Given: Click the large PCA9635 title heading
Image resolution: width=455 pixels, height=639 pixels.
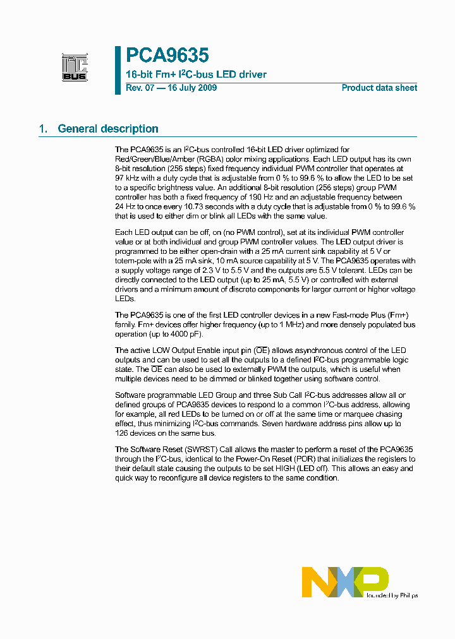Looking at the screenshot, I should tap(167, 56).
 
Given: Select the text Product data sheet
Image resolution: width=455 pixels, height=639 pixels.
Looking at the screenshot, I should tap(379, 88).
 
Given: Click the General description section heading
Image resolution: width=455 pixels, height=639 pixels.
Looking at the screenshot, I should tap(107, 129).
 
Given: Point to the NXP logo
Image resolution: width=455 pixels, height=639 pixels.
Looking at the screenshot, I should tap(345, 582).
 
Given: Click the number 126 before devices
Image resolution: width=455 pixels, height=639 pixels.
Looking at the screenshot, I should tap(122, 433).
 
